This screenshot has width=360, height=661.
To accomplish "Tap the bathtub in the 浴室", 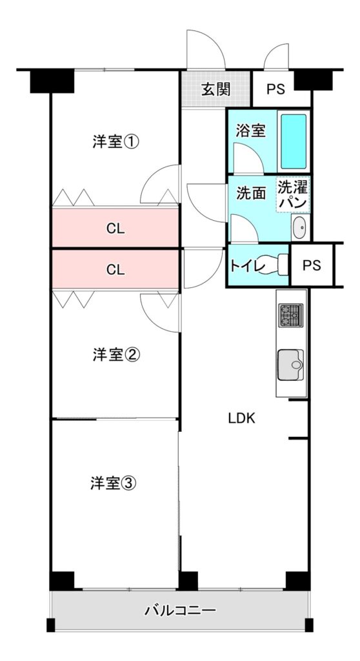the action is click(x=294, y=141).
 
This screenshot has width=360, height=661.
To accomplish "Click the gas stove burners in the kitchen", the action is click(x=290, y=315).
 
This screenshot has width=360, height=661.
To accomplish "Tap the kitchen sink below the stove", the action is click(x=290, y=365).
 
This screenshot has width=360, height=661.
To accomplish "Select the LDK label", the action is click(x=241, y=418).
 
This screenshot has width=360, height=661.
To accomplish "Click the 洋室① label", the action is click(x=116, y=142).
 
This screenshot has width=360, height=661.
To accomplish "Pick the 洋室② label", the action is click(x=116, y=354).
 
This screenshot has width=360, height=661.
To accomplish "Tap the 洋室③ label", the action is click(x=114, y=483).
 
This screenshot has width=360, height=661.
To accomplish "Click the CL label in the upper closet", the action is click(x=115, y=229).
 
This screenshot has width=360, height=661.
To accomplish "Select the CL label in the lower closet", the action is click(x=115, y=270).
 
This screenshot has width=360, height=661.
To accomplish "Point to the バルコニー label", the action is click(x=180, y=609).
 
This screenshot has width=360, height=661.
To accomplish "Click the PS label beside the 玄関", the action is click(x=275, y=89).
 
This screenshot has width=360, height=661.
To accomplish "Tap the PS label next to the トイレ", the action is click(x=312, y=265).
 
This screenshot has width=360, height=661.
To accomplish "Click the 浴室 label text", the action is click(x=250, y=130).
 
